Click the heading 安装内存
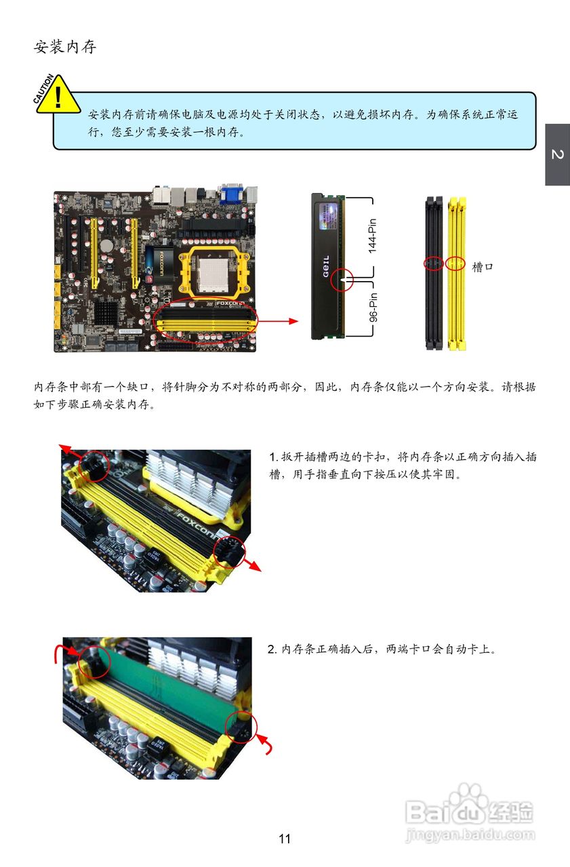(x=65, y=47)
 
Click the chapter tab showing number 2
(x=557, y=154)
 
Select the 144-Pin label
(x=373, y=235)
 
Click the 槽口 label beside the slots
(x=483, y=268)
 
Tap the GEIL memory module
(x=327, y=266)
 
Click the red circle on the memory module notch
(x=342, y=280)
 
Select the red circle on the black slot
(x=432, y=263)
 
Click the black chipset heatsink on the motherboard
(x=106, y=312)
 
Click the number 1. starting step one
(x=274, y=457)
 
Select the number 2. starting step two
(x=274, y=650)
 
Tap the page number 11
(x=285, y=839)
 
